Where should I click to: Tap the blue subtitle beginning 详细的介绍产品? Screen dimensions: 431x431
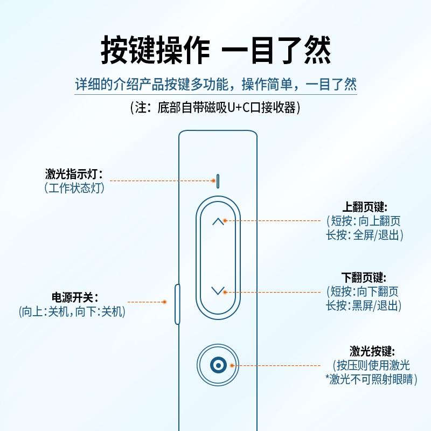pyautogui.click(x=215, y=85)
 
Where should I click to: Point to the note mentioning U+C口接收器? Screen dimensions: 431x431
pyautogui.click(x=215, y=107)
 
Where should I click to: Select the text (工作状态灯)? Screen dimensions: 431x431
pyautogui.click(x=74, y=187)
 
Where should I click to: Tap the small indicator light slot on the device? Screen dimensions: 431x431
pyautogui.click(x=218, y=180)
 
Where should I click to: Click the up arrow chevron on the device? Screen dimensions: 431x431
pyautogui.click(x=218, y=221)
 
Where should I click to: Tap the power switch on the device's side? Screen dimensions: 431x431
pyautogui.click(x=177, y=304)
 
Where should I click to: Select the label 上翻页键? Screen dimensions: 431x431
pyautogui.click(x=365, y=207)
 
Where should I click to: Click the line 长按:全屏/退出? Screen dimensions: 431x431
pyautogui.click(x=365, y=235)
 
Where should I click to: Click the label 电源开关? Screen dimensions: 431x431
pyautogui.click(x=74, y=297)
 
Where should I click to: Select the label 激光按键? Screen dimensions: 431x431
pyautogui.click(x=372, y=351)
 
